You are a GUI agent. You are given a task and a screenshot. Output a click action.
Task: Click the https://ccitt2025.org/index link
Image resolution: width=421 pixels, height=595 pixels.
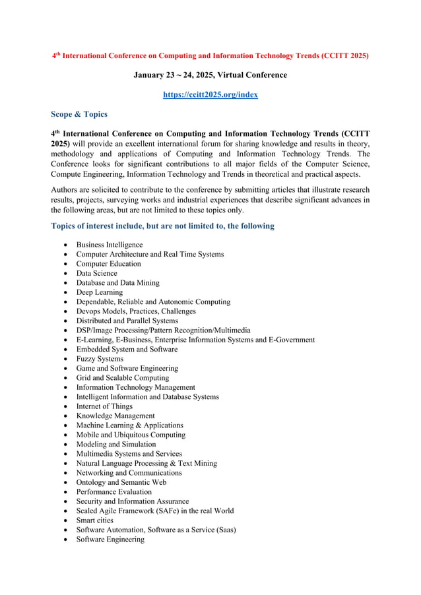[x=210, y=94]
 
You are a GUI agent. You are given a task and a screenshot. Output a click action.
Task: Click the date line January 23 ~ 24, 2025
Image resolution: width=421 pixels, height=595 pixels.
[x=210, y=75]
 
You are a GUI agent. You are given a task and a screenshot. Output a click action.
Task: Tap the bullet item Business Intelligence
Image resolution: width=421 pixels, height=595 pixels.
[x=109, y=245]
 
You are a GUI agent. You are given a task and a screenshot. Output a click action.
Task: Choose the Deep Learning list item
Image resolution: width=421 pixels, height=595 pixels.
[x=99, y=292]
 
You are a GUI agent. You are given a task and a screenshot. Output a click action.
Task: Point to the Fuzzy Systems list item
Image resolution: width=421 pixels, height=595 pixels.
[x=100, y=359]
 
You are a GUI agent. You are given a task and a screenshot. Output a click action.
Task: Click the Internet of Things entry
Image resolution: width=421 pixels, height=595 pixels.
[x=104, y=406]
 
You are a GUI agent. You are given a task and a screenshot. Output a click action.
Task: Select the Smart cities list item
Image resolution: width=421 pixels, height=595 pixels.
[x=94, y=520]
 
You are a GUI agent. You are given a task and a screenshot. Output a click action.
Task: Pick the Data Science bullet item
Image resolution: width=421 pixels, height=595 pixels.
[x=96, y=273]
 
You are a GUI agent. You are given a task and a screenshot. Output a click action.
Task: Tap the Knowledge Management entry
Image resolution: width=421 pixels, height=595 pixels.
[x=115, y=416]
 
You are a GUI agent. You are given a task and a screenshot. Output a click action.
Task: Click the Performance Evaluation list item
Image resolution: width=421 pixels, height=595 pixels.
[x=113, y=491]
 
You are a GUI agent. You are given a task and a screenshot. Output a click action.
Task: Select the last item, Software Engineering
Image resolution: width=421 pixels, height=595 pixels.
[x=110, y=540]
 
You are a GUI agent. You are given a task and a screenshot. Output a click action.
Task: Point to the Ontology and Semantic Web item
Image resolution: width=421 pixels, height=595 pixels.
[x=121, y=482]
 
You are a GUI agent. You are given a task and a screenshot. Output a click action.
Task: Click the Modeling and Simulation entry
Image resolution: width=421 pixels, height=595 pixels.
[x=116, y=445]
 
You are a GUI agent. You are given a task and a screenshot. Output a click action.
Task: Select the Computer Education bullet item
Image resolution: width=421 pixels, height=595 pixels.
[x=108, y=264]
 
